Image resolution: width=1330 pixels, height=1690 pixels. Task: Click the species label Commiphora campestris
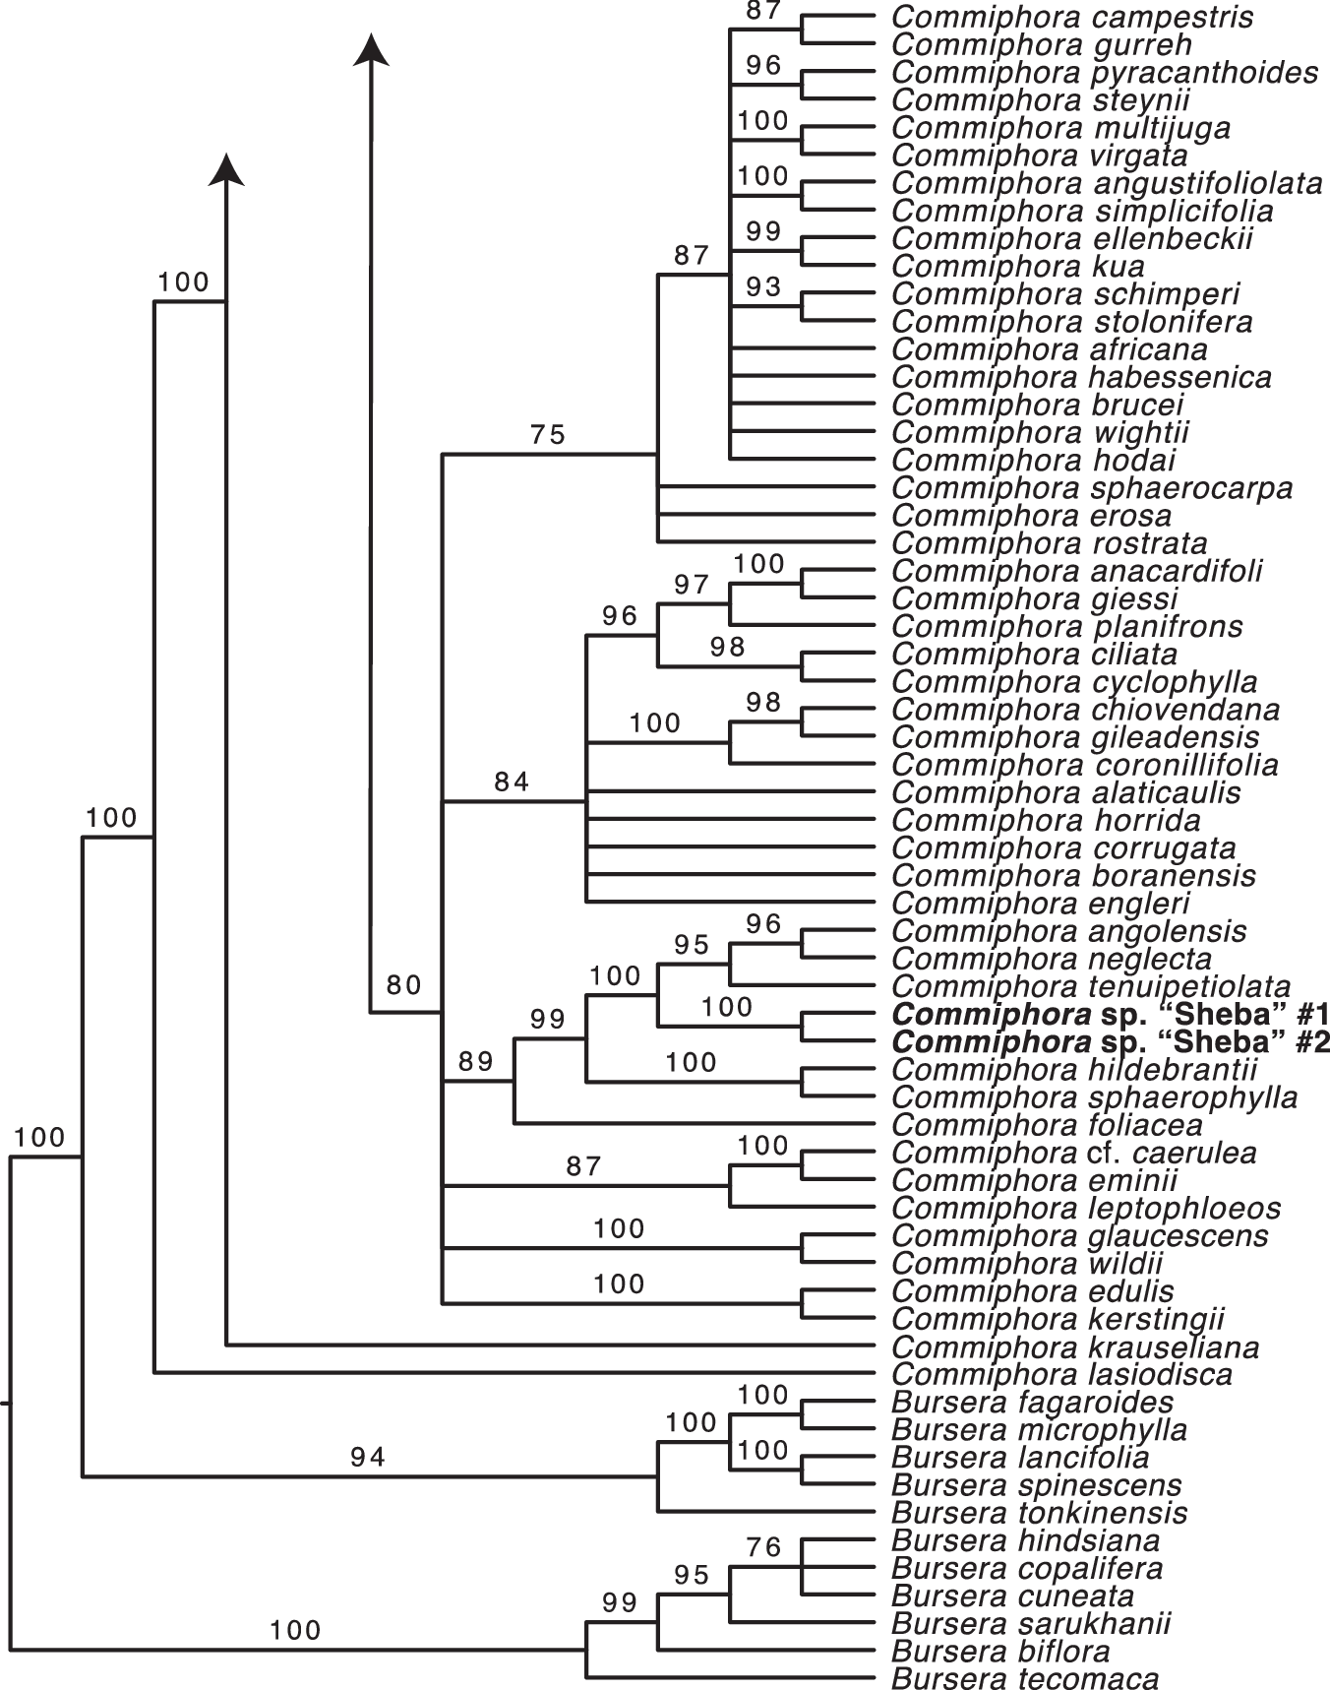[1072, 17]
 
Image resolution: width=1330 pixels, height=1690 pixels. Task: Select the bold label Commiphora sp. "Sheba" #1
[1111, 1015]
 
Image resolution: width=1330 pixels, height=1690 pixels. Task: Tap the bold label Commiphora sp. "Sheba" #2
[1111, 1042]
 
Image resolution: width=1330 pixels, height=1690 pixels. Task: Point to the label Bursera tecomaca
[1025, 1678]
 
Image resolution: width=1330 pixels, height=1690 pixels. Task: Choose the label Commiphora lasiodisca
[1061, 1374]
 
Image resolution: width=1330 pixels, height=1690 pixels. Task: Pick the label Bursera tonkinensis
[1039, 1512]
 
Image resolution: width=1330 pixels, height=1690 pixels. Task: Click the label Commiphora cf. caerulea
[1074, 1153]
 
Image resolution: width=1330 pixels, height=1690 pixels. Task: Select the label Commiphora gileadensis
[1075, 737]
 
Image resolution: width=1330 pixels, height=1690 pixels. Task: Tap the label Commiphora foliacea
[1047, 1125]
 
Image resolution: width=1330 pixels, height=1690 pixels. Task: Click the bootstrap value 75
[548, 434]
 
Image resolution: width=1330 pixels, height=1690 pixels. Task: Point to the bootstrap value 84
[512, 782]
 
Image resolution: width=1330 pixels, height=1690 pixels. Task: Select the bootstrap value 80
[403, 985]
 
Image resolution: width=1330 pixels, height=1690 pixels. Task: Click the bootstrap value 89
[475, 1061]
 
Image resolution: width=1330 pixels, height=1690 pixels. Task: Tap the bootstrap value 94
[367, 1457]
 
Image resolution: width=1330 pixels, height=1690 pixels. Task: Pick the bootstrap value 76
[763, 1547]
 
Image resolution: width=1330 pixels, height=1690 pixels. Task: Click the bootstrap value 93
[763, 286]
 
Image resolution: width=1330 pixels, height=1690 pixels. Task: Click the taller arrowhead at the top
[371, 49]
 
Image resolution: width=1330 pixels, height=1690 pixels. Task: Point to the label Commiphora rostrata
[1050, 543]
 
